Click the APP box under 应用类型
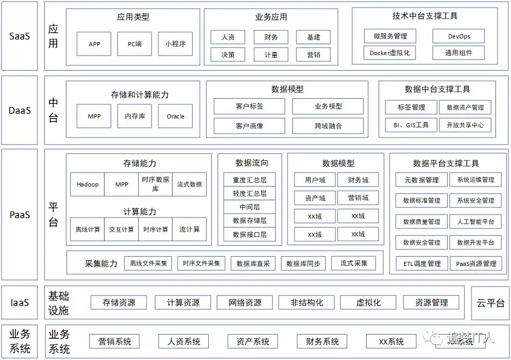point(94,44)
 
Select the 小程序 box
point(176,44)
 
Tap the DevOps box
point(459,36)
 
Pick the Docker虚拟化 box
point(390,52)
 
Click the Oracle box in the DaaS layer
point(176,116)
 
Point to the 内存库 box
point(135,116)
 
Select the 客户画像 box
point(249,126)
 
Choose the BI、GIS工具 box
point(407,125)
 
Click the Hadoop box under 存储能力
point(87,184)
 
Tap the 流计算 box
point(189,229)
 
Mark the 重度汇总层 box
point(249,180)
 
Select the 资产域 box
point(315,198)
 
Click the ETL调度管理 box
point(422,263)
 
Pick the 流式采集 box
point(354,263)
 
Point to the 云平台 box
point(490,302)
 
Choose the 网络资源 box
point(246,302)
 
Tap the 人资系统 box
point(183,341)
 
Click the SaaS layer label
point(20,36)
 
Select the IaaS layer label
point(20,302)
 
